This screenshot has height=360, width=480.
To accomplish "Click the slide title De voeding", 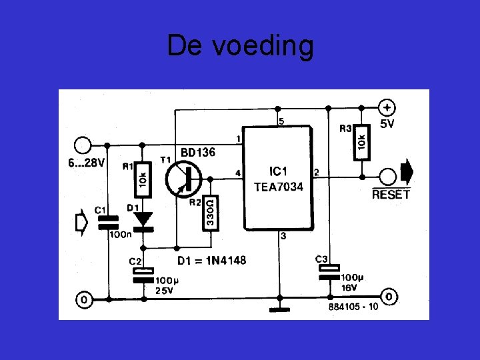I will click(x=240, y=47).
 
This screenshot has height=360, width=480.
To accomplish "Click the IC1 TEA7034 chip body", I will click(x=278, y=177).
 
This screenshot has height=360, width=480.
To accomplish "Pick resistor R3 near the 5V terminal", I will click(x=361, y=141).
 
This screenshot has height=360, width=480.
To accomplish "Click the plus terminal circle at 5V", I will click(x=387, y=107).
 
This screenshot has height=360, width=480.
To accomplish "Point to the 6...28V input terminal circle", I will click(x=83, y=145).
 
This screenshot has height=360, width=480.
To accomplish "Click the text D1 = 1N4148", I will click(x=211, y=260).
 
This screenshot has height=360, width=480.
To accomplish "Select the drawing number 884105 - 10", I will click(x=353, y=307).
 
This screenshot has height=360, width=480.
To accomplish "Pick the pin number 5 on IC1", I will click(x=281, y=121).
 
